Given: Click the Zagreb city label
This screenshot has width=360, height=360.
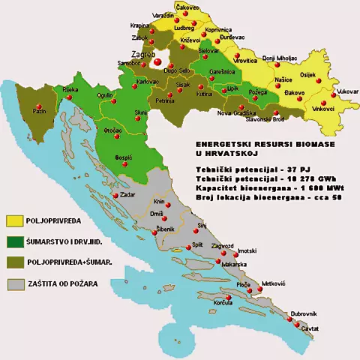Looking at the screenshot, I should [142, 55].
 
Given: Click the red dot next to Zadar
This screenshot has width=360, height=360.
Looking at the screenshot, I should [114, 196].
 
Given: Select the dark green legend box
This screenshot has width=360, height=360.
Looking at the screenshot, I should [15, 242].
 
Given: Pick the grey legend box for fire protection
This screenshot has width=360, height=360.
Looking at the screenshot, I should [15, 284].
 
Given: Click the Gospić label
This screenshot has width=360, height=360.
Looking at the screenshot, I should [123, 157].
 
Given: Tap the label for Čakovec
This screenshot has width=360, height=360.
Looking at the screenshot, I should [187, 7].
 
